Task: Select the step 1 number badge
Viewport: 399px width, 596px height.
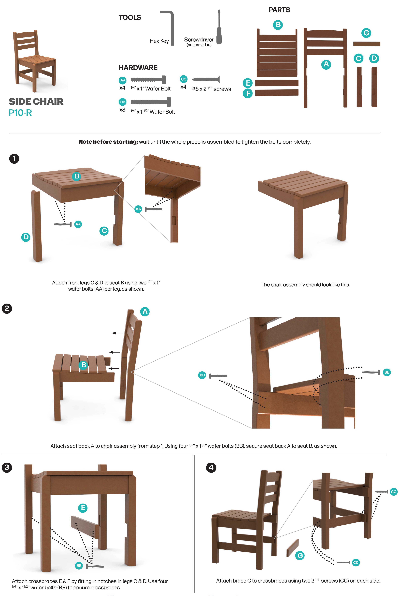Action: click(14, 159)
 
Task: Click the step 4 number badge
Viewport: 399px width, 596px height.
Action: click(211, 467)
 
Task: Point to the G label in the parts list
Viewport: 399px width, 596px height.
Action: click(366, 33)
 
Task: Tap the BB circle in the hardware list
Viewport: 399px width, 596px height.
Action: click(123, 102)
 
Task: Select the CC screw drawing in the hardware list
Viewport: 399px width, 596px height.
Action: click(206, 79)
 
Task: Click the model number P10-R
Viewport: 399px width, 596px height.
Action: click(20, 113)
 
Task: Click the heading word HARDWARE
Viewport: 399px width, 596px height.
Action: click(138, 68)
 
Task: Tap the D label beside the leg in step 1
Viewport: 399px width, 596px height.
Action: click(26, 237)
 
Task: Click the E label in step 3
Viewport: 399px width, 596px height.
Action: click(83, 508)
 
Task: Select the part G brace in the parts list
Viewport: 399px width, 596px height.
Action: click(366, 44)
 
